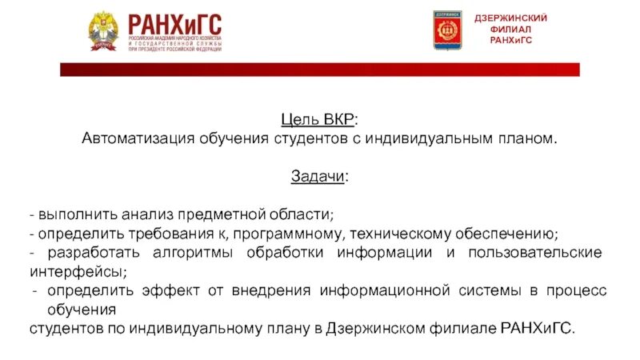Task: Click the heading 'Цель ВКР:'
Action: pos(319,120)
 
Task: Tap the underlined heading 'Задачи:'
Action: pos(319,177)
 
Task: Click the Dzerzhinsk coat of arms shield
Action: pos(447,30)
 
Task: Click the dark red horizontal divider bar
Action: pos(320,70)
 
